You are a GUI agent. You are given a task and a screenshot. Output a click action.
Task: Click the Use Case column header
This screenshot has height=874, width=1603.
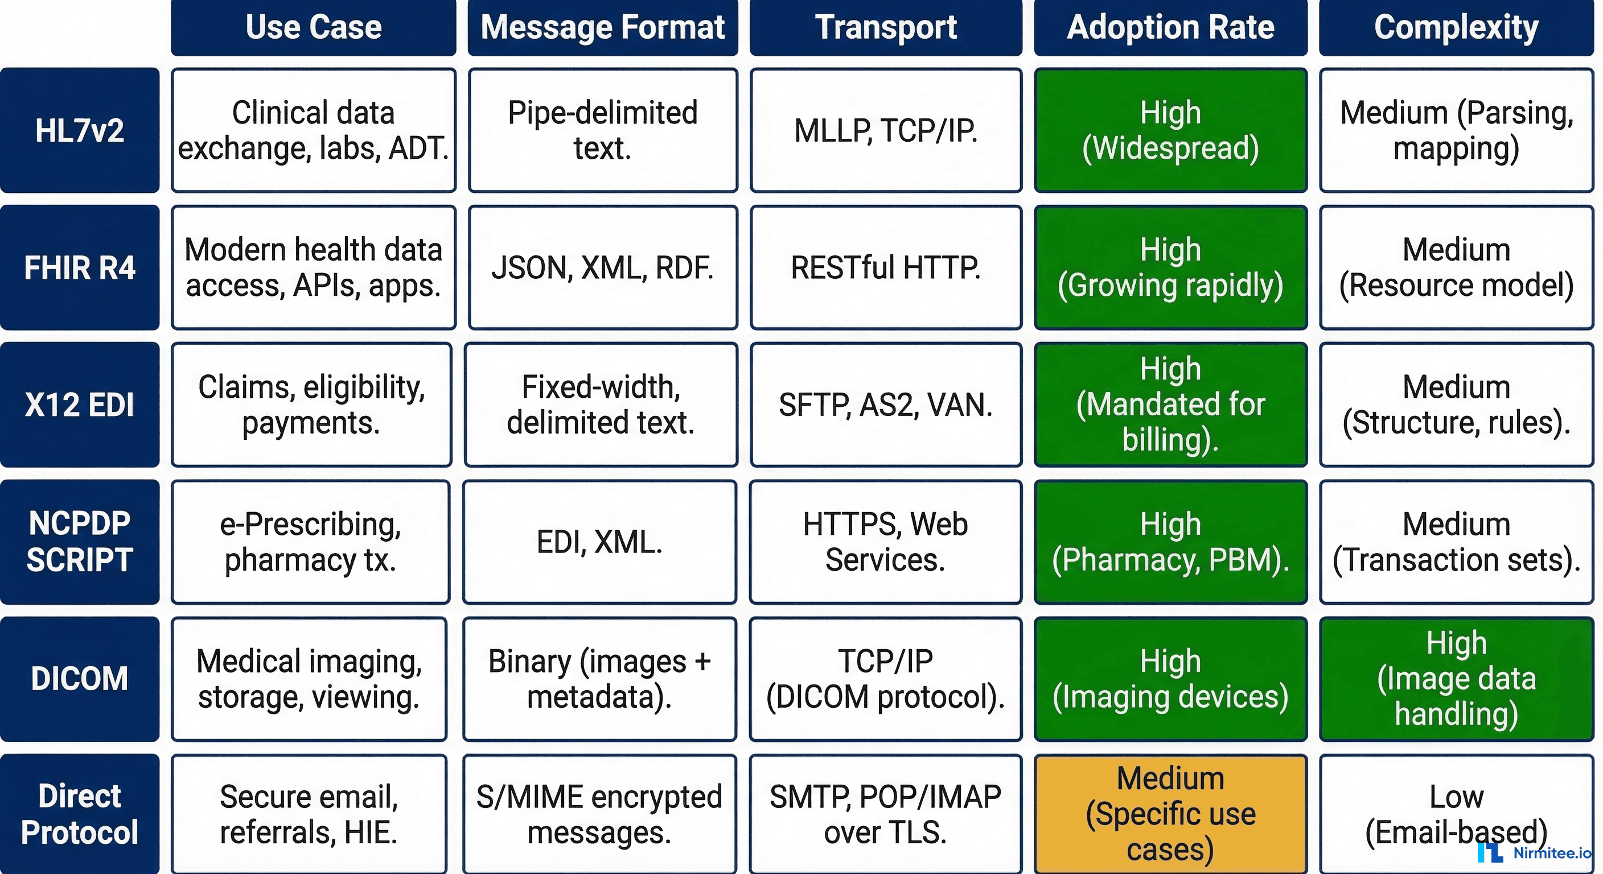point(313,27)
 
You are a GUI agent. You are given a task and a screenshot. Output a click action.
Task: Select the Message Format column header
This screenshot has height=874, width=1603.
point(602,27)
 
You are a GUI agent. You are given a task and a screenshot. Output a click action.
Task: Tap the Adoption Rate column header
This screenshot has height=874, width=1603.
point(1170,27)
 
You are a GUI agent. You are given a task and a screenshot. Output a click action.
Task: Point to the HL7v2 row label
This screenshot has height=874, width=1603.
point(80,131)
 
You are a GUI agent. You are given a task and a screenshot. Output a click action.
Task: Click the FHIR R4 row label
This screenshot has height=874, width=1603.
point(80,267)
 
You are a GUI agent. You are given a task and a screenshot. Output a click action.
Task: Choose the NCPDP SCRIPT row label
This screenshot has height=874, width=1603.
point(80,541)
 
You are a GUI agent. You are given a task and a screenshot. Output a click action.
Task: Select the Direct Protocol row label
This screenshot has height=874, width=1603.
point(80,814)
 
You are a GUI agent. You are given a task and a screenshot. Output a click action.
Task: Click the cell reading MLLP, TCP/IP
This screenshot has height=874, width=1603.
point(886,131)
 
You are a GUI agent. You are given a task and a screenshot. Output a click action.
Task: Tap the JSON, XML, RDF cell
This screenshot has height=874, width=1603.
point(602,267)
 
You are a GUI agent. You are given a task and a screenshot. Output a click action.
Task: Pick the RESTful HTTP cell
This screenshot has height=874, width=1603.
point(886,267)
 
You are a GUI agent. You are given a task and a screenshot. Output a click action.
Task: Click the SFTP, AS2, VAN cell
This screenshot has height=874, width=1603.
point(886,405)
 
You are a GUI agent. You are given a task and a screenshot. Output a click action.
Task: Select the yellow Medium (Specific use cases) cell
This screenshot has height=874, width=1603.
point(1170,814)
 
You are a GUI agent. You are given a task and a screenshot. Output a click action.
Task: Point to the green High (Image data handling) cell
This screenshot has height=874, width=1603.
point(1456,678)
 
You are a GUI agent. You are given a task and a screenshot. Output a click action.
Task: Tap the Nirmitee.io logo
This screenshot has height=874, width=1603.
point(1534,852)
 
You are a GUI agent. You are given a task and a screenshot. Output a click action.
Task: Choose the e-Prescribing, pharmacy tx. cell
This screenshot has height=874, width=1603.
point(310,541)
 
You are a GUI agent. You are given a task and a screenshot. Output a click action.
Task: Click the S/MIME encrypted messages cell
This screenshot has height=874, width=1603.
point(599,814)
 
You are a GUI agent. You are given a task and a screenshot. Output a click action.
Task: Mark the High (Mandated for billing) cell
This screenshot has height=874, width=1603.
point(1170,405)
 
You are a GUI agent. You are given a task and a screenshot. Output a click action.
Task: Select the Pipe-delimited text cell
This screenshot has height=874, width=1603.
point(602,131)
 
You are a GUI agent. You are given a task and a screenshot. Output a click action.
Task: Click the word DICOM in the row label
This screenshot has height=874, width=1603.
point(80,678)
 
